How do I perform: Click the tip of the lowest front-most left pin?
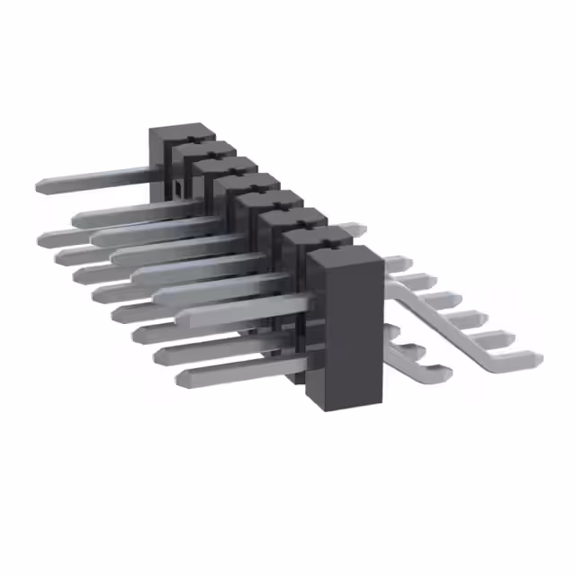(181, 376)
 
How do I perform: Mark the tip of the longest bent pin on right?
(536, 359)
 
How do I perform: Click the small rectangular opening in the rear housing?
(179, 189)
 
